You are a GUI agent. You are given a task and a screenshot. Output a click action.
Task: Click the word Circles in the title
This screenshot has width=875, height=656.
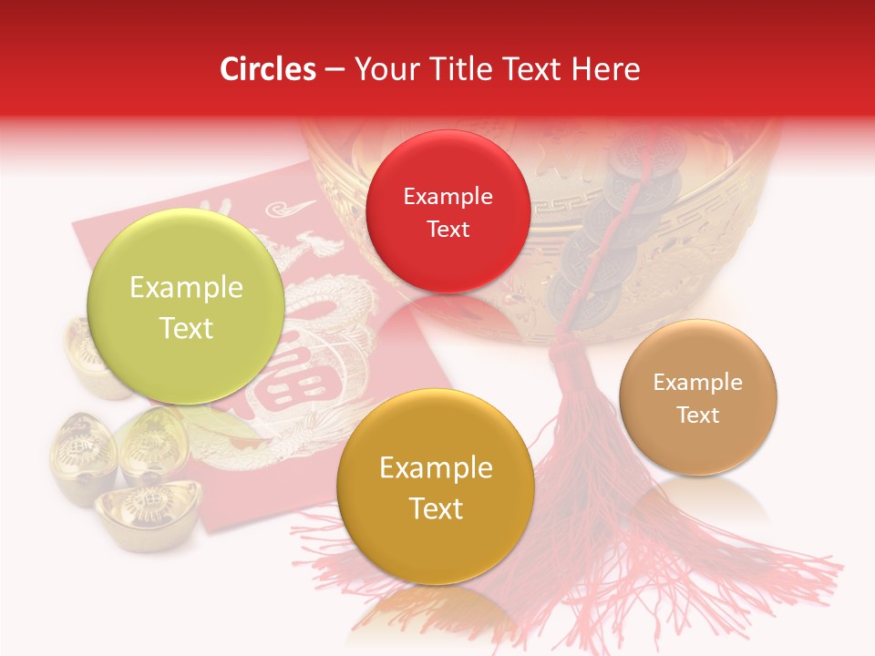pyautogui.click(x=268, y=69)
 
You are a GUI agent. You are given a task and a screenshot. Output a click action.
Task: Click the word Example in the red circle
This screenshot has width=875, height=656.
pyautogui.click(x=448, y=196)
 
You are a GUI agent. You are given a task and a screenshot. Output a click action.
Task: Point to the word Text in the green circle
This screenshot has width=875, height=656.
pyautogui.click(x=186, y=328)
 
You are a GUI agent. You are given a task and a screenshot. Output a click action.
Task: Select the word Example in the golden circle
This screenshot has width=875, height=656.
pyautogui.click(x=436, y=467)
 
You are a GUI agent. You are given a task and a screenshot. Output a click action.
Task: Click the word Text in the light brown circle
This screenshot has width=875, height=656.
pyautogui.click(x=697, y=415)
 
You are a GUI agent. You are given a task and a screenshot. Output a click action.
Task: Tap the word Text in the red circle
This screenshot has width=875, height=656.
pyautogui.click(x=448, y=229)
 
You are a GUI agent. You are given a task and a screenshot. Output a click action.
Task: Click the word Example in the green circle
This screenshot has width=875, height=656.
pyautogui.click(x=186, y=287)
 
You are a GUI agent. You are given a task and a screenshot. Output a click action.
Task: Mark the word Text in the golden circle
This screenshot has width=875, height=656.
pyautogui.click(x=436, y=507)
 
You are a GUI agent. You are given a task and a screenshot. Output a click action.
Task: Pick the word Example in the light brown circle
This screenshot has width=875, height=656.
pyautogui.click(x=697, y=382)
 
